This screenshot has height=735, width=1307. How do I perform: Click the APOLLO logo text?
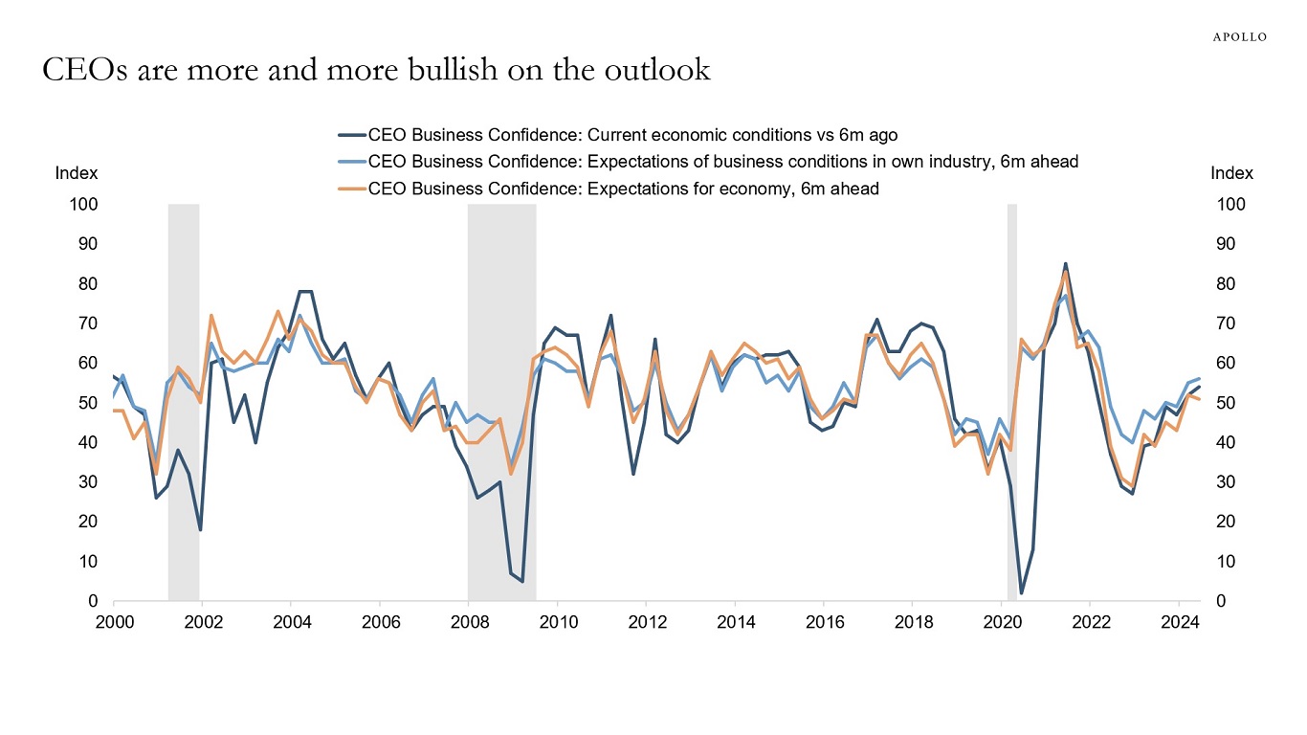[1240, 37]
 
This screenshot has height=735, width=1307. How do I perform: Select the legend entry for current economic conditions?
[632, 134]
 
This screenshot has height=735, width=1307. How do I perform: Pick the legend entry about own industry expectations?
[722, 162]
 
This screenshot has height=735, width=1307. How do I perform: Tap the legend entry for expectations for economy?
[623, 189]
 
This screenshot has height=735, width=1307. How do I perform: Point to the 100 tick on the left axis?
[83, 205]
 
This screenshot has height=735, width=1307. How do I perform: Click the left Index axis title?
[77, 173]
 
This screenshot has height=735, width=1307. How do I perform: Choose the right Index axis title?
[1231, 173]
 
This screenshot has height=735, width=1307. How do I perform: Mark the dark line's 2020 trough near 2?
[1022, 593]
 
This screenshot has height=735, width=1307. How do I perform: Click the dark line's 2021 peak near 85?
[1066, 264]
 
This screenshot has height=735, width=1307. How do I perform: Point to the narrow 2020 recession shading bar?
[1011, 402]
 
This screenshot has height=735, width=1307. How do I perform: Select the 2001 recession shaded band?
[184, 402]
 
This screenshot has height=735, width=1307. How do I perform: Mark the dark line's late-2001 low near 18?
[200, 529]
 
